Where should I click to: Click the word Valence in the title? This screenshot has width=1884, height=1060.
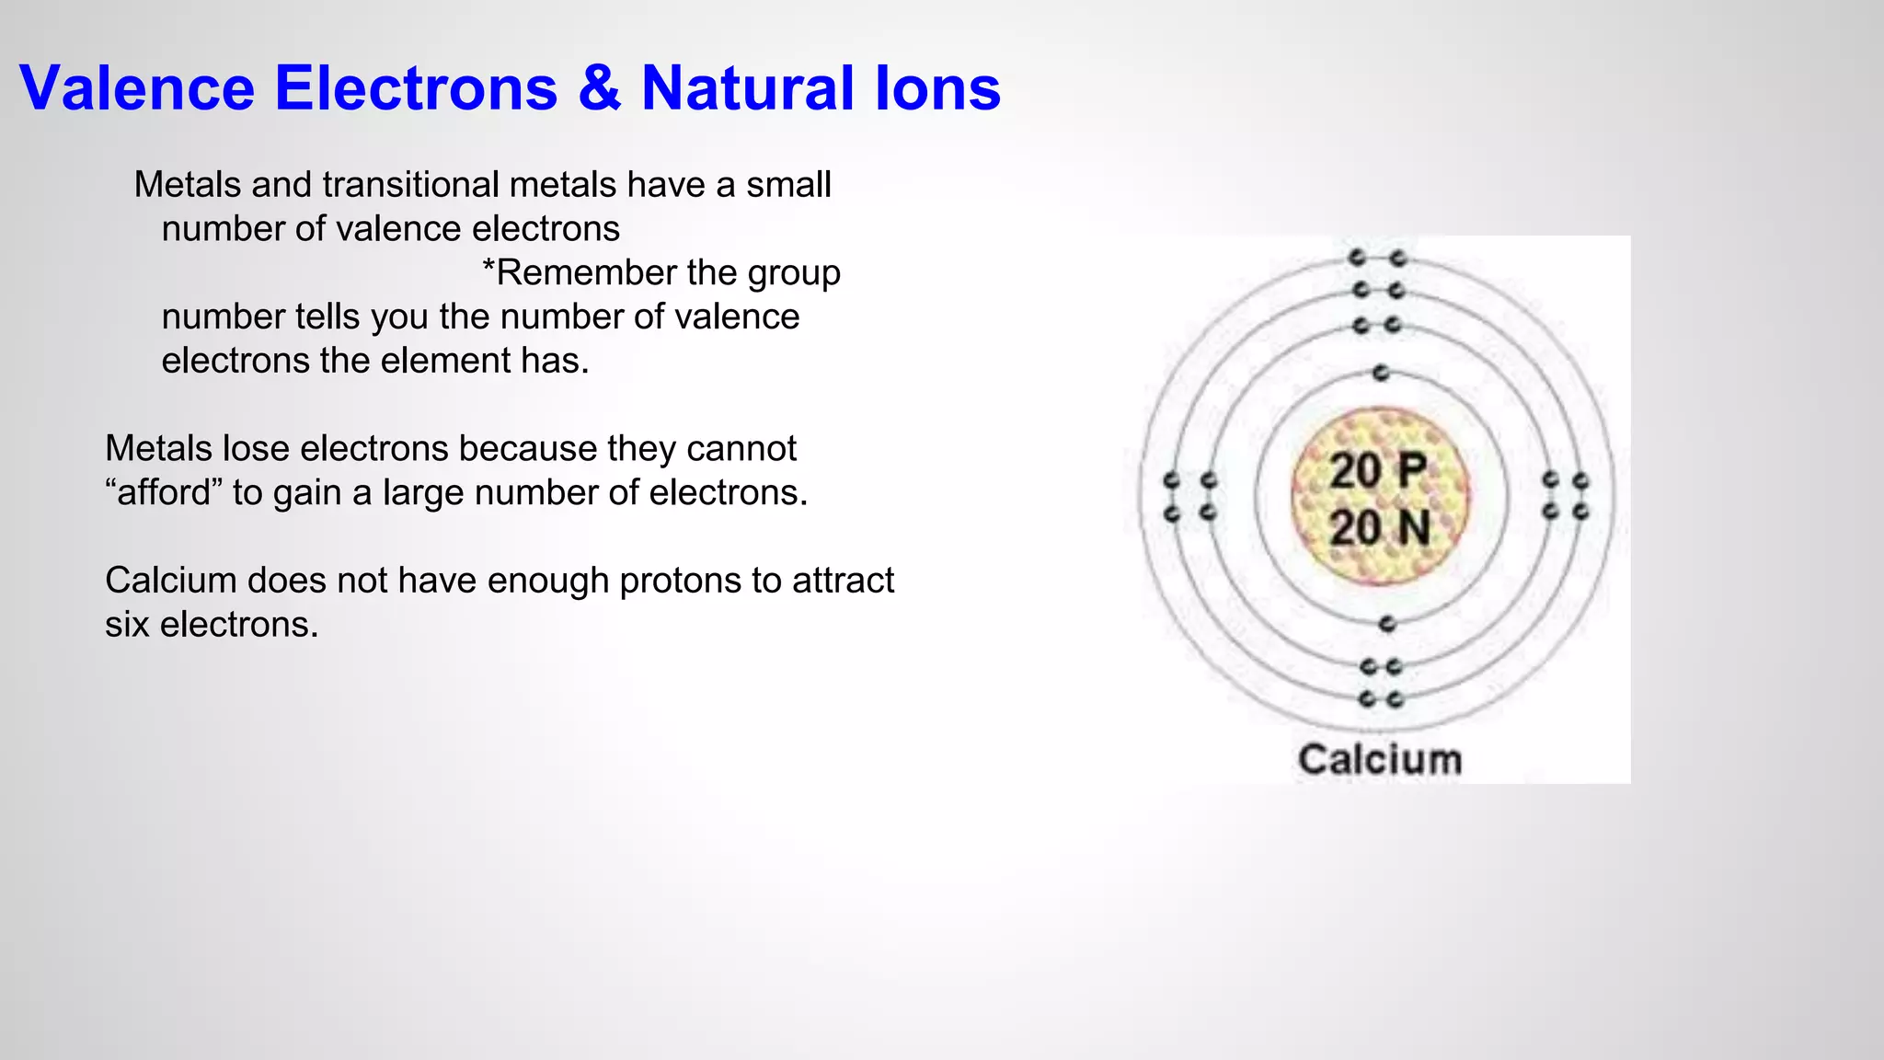pos(137,88)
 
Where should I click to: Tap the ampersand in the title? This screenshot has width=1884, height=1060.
pos(599,88)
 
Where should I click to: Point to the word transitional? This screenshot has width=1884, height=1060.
pos(410,185)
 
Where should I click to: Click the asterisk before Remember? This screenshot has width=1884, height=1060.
pos(488,271)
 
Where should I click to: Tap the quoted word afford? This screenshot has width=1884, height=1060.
pos(165,492)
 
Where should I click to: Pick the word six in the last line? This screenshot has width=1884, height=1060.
pos(127,625)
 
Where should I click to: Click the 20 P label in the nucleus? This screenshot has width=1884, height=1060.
pos(1378,471)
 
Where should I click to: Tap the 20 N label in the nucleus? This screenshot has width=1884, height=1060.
pos(1379,528)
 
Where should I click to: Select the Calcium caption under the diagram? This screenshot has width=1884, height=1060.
pos(1380,760)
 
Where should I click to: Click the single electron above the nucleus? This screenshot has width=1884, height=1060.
pos(1380,373)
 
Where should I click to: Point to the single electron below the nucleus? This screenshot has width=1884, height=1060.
pos(1387,624)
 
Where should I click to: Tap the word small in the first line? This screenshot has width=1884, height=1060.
pos(788,185)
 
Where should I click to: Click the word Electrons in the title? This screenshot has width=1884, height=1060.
pos(416,88)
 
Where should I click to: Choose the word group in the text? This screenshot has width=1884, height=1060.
pos(794,273)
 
